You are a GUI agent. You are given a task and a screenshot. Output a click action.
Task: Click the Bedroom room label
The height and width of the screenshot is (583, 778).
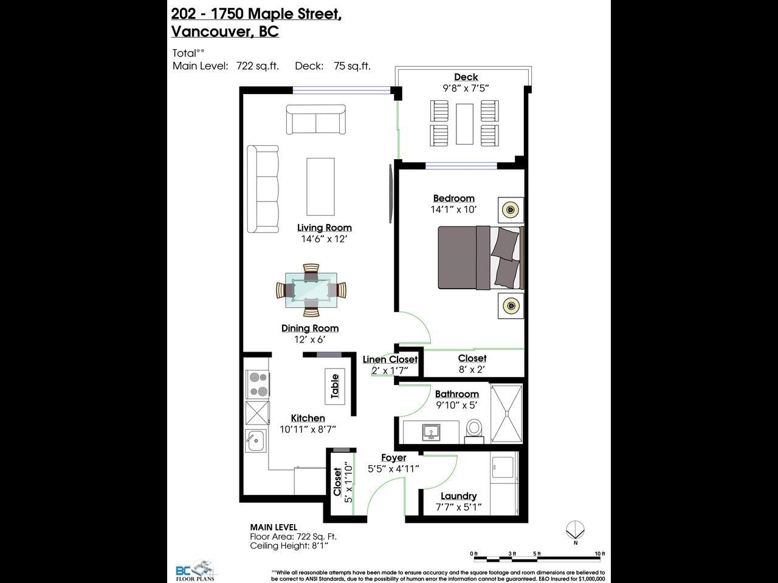(453, 199)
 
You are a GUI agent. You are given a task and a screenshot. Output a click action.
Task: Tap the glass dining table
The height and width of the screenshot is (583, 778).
(311, 290)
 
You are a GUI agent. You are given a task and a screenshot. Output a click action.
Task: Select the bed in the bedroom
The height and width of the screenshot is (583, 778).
(481, 257)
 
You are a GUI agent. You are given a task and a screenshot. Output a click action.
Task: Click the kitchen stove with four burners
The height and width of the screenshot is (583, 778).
(258, 384)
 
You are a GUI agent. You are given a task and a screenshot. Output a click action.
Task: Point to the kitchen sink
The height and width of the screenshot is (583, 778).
(255, 441)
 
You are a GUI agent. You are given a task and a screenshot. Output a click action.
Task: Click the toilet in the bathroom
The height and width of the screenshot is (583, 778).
(474, 431)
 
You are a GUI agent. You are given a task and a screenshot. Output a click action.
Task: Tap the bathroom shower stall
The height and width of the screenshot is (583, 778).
(506, 414)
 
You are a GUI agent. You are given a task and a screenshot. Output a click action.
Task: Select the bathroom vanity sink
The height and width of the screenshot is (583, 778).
(432, 432)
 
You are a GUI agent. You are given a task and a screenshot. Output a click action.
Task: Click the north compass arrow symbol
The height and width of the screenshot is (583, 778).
(575, 530)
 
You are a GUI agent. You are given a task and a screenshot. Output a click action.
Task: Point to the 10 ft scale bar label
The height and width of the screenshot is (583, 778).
(600, 554)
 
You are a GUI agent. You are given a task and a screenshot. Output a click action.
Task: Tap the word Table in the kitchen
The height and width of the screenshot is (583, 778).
(334, 386)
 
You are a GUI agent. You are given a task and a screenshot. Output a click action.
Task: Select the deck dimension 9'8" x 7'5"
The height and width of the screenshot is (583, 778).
(466, 88)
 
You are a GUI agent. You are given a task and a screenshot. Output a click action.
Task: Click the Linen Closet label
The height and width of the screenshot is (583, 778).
(390, 360)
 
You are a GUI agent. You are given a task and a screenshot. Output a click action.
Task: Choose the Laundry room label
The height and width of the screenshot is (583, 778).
(459, 496)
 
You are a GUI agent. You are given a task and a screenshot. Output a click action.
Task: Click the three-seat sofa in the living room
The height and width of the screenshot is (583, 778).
(263, 189)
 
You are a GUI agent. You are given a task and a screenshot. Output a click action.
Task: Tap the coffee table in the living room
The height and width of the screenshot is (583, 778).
(320, 186)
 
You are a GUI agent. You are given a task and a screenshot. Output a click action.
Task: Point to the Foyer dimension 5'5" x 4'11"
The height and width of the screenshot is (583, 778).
(393, 469)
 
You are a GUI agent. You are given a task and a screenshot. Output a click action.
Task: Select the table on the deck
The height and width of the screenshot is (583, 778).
(464, 124)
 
